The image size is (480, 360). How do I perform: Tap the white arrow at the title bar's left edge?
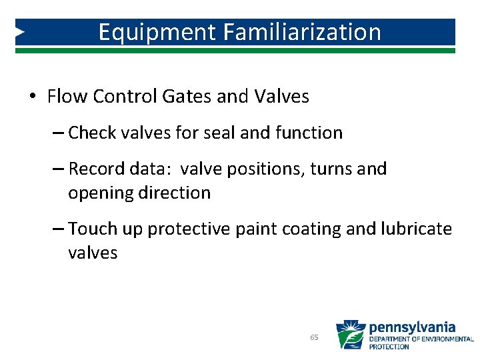click(20, 32)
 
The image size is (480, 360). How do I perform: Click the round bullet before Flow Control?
click(33, 97)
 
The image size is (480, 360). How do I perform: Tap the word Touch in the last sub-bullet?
click(92, 229)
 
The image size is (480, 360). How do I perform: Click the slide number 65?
click(314, 338)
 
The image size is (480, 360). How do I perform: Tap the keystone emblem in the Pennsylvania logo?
click(350, 335)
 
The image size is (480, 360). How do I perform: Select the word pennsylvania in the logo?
click(412, 327)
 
